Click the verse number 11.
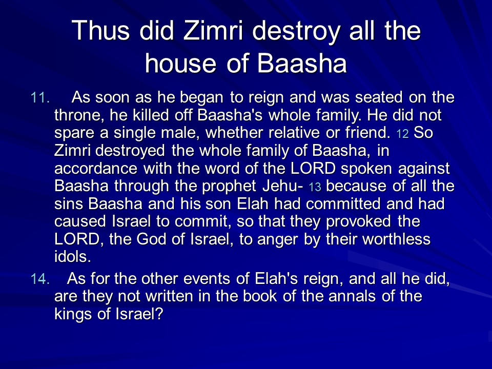click(40, 98)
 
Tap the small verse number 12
click(403, 134)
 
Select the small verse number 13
click(315, 188)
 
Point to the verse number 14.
click(40, 279)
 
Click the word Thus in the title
click(100, 30)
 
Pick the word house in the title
click(180, 63)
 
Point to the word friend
click(368, 132)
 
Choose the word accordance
click(96, 169)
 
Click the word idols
click(72, 257)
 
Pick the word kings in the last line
click(73, 315)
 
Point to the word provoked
click(358, 222)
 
